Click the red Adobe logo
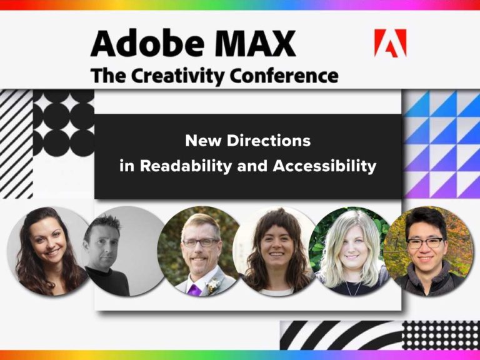coord(390,43)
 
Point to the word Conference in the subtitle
coord(284,76)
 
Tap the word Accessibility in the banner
coord(324,167)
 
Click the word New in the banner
coord(200,141)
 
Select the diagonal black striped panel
coord(15,144)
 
